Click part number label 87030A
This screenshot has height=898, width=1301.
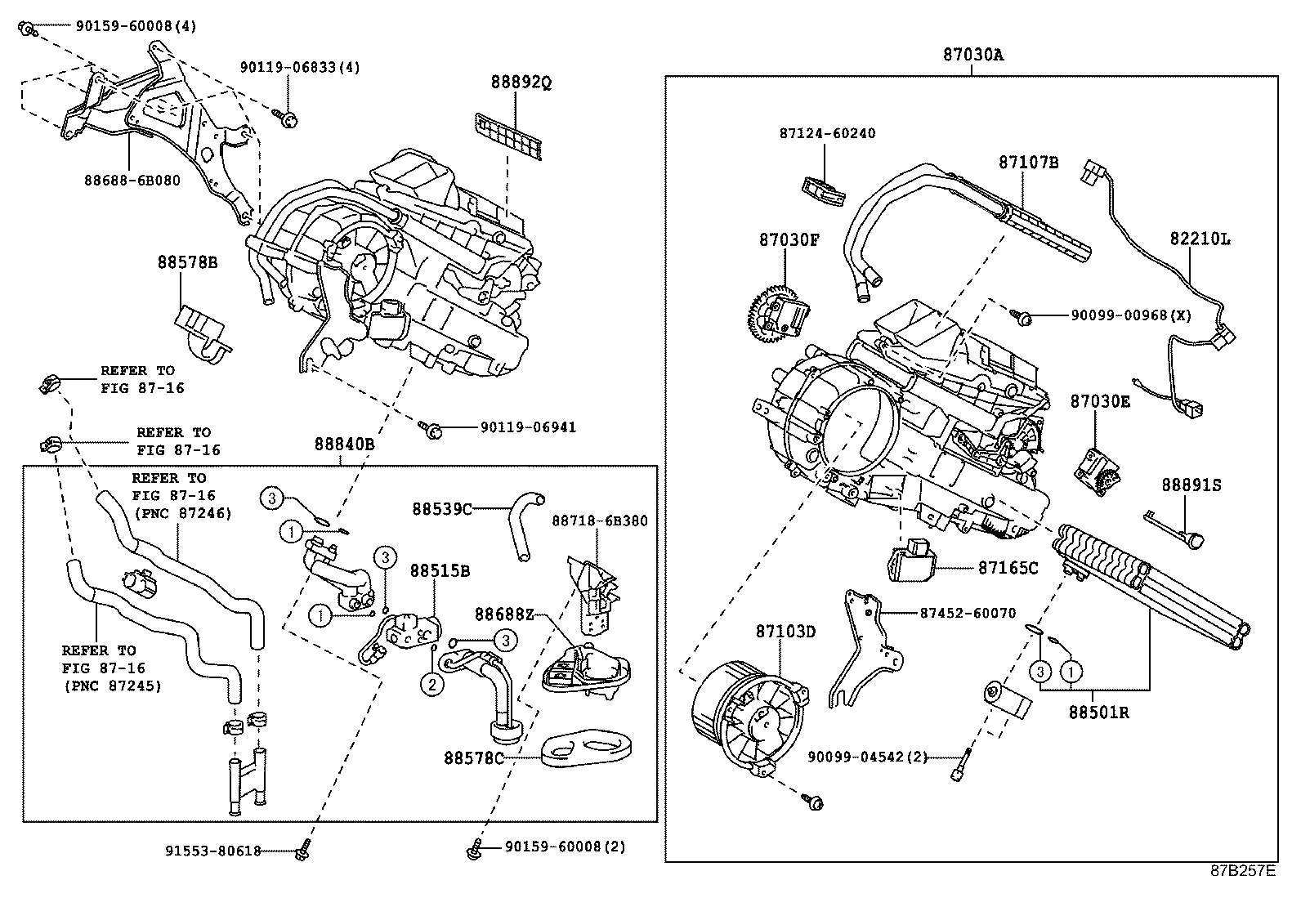pyautogui.click(x=972, y=55)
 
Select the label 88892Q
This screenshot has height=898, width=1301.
pyautogui.click(x=521, y=83)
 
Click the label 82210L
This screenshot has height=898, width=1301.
pyautogui.click(x=1199, y=239)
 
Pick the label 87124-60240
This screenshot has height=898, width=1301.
pyautogui.click(x=826, y=133)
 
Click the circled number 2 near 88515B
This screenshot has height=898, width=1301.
pyautogui.click(x=431, y=682)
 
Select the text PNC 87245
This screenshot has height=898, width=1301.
pyautogui.click(x=113, y=686)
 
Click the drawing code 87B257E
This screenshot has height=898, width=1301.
pyautogui.click(x=1242, y=870)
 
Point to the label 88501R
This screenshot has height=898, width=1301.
pyautogui.click(x=1098, y=712)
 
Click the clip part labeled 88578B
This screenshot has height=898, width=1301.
pyautogui.click(x=203, y=331)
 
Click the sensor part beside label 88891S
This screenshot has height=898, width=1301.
pyautogui.click(x=1196, y=539)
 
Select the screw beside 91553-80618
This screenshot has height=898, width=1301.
pyautogui.click(x=302, y=849)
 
